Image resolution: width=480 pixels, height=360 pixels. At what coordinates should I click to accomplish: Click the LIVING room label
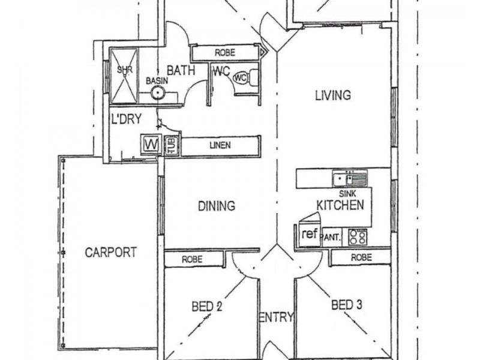[331, 95]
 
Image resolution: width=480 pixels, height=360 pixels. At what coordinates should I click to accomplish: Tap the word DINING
[216, 206]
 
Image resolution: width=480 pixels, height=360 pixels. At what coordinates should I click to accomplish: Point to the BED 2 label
[207, 307]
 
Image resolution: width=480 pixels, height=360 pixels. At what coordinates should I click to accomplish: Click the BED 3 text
[347, 305]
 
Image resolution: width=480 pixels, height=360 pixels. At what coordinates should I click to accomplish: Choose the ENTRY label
[276, 317]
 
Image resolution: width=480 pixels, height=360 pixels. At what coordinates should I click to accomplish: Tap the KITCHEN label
[340, 205]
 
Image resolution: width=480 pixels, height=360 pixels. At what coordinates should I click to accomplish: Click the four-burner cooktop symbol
[358, 236]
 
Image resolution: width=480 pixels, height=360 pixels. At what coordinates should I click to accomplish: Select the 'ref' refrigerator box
[309, 235]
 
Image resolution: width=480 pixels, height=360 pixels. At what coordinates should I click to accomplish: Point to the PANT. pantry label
[332, 238]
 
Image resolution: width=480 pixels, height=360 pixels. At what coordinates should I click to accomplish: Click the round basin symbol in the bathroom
[157, 92]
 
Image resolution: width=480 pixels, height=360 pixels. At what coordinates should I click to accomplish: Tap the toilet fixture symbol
[242, 79]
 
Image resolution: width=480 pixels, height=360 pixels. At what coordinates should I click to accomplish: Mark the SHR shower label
[124, 70]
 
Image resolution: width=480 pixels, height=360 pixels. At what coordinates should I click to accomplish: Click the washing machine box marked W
[150, 145]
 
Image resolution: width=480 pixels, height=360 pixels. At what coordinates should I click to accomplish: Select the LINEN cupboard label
[220, 146]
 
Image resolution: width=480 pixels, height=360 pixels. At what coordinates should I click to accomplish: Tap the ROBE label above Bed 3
[361, 257]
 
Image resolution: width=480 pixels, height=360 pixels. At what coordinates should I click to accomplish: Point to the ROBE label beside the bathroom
[224, 53]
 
